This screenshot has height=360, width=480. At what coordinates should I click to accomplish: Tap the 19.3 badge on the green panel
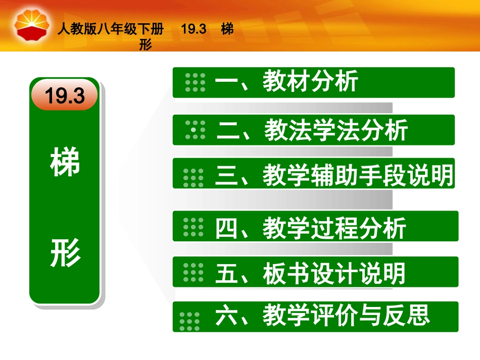(x=64, y=95)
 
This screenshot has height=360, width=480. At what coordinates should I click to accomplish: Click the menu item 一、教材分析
(x=286, y=82)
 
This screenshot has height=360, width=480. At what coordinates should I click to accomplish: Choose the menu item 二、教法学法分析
(x=312, y=130)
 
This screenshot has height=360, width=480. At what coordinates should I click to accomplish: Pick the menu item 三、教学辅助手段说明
(x=334, y=175)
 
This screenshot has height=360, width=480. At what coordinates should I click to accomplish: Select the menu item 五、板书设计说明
(x=310, y=273)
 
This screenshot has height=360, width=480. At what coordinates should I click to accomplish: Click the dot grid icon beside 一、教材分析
(x=195, y=82)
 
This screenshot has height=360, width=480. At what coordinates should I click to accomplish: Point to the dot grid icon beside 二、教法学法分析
(x=195, y=130)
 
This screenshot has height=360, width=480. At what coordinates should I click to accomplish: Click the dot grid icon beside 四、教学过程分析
(x=193, y=228)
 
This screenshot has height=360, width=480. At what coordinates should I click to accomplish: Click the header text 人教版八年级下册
(x=111, y=30)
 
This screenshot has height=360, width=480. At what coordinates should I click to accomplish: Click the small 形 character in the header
(x=146, y=45)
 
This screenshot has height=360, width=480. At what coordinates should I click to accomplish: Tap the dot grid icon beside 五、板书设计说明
(x=193, y=273)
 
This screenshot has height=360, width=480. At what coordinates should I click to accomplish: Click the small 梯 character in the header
(x=227, y=30)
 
